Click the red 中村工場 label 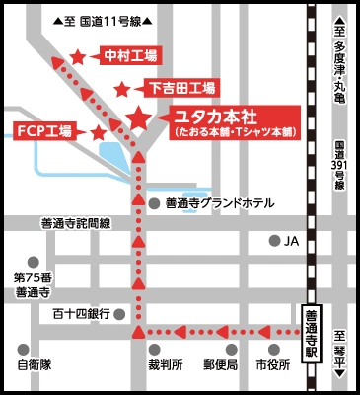[131, 56]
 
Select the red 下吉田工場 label [182, 87]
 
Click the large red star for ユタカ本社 [138, 118]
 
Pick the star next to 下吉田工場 [122, 89]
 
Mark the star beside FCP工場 [99, 131]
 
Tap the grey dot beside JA [275, 241]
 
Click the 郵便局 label [220, 364]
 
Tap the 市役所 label [272, 364]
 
